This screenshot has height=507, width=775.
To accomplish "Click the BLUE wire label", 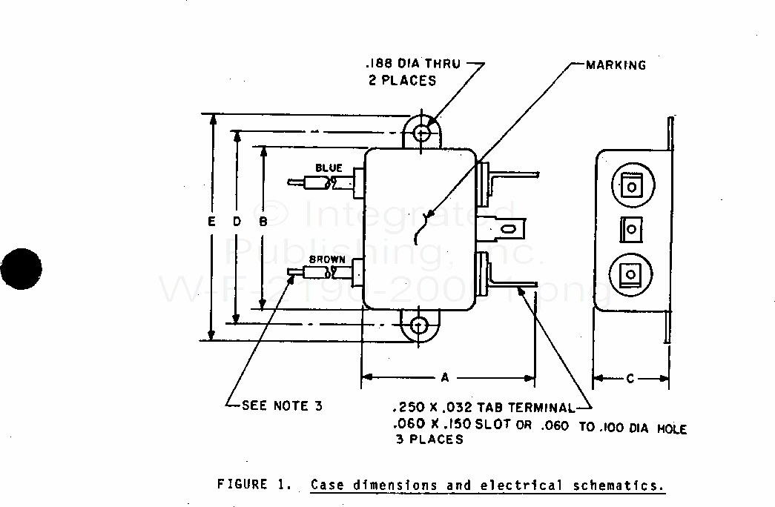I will coord(329,168).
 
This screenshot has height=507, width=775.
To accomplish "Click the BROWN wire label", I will coord(326,259).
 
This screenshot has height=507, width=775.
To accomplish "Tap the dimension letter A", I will coord(445,378).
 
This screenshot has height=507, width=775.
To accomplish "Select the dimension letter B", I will coord(263,221).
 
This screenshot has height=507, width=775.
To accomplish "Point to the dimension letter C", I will coord(630,379).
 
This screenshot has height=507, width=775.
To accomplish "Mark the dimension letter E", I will coord(212,221).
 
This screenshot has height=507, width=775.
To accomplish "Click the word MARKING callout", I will coord(616,65).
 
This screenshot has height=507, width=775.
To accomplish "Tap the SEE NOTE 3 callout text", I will coord(283,405).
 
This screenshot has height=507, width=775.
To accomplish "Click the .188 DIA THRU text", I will coord(412,64).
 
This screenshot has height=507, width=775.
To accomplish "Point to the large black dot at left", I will coord(22,268).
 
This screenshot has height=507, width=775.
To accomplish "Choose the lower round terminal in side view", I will coord(630,273).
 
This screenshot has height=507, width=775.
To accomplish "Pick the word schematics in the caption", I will coord(619,486).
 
